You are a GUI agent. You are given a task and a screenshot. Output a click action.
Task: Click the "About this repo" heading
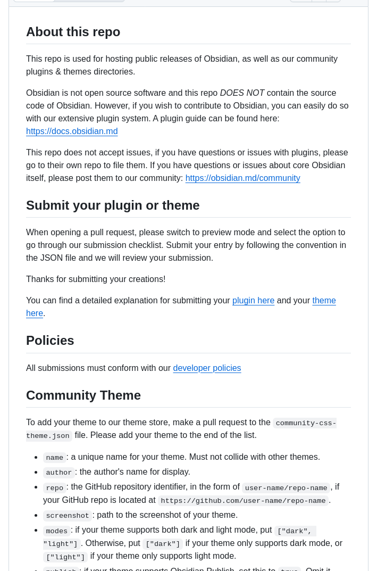tap(73, 32)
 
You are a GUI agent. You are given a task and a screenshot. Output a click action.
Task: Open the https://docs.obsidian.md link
tap(72, 131)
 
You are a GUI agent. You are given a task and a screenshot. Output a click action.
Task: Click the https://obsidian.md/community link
tap(242, 178)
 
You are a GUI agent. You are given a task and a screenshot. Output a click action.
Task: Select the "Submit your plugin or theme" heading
tap(113, 205)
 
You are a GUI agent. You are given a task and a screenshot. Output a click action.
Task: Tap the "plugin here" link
tap(253, 301)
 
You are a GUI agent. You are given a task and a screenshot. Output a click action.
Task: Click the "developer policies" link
tap(207, 368)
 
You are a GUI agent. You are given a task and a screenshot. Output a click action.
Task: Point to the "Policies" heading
tap(50, 341)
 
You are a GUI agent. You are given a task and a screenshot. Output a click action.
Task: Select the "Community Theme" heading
tap(83, 395)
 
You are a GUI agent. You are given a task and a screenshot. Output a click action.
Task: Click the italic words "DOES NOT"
tap(242, 93)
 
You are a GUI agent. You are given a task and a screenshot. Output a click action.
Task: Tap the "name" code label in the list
tap(54, 458)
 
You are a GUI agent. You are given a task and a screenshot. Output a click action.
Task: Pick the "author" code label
tap(58, 473)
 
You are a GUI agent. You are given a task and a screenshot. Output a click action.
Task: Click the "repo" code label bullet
tap(54, 488)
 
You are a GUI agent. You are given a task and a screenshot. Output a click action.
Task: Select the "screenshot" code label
tap(68, 516)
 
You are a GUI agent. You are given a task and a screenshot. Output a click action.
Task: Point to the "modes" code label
tap(56, 531)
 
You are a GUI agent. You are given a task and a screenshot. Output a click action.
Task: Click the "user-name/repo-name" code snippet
tap(286, 488)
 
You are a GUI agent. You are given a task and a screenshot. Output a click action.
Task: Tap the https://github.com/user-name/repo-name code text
tap(243, 501)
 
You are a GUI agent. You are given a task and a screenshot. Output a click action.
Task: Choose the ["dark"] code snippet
tap(163, 544)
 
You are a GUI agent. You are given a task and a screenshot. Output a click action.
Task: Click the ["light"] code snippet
tap(65, 557)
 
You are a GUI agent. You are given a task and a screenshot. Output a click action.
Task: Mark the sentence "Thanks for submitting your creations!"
tap(96, 279)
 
